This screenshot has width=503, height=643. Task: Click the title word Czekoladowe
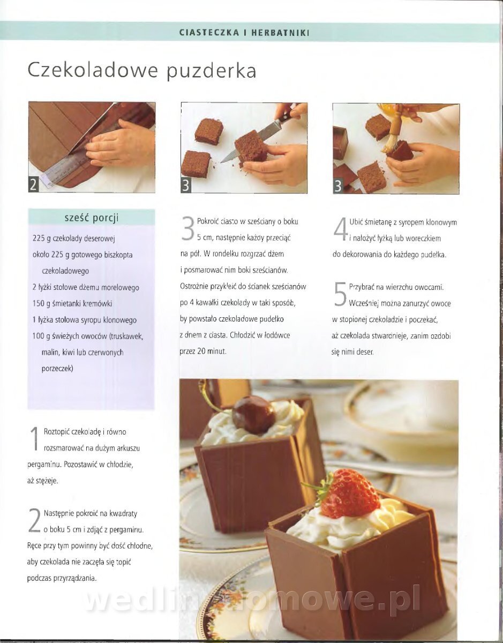pos(93,70)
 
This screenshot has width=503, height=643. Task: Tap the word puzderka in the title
pos(211,72)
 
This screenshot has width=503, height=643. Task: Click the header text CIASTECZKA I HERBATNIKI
pos(244,33)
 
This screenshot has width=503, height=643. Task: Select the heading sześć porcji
pos(92,218)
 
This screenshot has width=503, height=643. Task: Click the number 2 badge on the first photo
pos(33,185)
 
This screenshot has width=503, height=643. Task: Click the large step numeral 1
pos(35,439)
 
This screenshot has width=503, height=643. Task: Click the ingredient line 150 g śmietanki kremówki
pos(72,304)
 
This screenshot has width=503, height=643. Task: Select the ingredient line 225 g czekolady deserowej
pos(73,238)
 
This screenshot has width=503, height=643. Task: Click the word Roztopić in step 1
pos(56,432)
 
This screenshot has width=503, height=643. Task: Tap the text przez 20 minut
pos(203,352)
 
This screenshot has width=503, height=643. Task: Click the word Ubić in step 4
pos(356,222)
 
